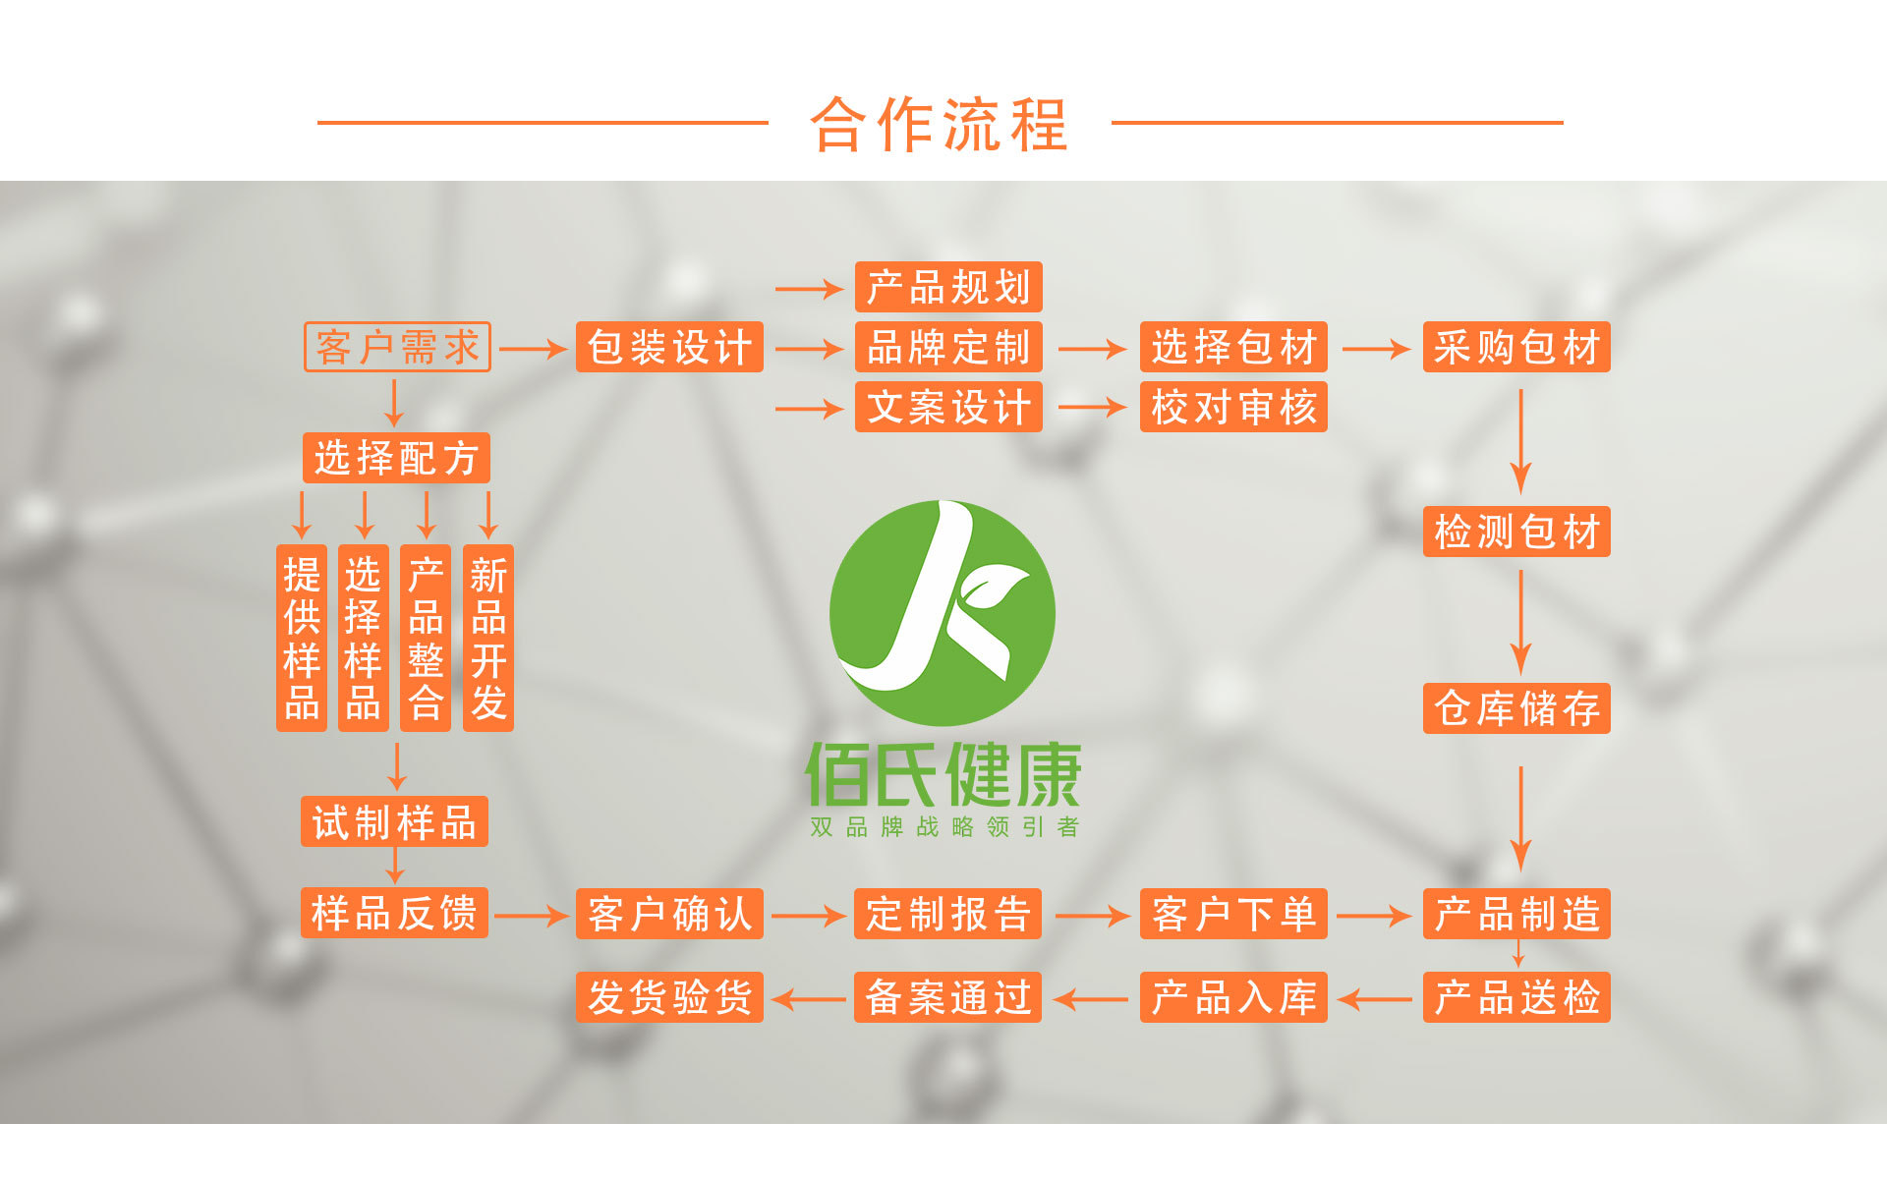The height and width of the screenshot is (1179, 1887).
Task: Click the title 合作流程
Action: click(x=940, y=125)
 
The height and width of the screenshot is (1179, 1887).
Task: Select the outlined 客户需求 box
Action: click(x=397, y=347)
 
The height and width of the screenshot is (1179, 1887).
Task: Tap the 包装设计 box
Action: click(x=669, y=347)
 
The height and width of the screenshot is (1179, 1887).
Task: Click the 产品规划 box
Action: click(x=948, y=287)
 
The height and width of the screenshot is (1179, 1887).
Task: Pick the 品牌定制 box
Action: click(x=948, y=347)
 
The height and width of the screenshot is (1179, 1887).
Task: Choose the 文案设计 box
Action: click(x=948, y=407)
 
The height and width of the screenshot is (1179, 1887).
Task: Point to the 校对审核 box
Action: click(x=1233, y=407)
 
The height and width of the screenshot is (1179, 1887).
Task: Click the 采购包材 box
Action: click(x=1516, y=347)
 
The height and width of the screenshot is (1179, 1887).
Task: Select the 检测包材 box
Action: click(x=1516, y=532)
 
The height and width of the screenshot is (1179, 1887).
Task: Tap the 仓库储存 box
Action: click(x=1516, y=708)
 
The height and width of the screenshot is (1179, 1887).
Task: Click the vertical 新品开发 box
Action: click(x=488, y=638)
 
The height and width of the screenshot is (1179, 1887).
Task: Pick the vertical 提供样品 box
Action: click(x=302, y=638)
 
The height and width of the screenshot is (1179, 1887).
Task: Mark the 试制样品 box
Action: click(x=394, y=821)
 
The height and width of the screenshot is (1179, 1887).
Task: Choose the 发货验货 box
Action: click(x=669, y=997)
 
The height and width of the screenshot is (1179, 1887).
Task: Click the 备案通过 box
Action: click(x=947, y=997)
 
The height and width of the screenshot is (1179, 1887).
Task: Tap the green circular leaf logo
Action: click(x=942, y=613)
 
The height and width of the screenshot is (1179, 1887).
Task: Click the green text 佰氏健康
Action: click(x=943, y=775)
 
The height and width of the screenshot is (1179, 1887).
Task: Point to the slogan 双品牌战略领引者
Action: click(x=943, y=827)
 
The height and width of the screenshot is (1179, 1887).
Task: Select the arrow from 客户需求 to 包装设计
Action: click(x=533, y=349)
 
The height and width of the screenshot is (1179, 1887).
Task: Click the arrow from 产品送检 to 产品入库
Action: click(x=1375, y=999)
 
